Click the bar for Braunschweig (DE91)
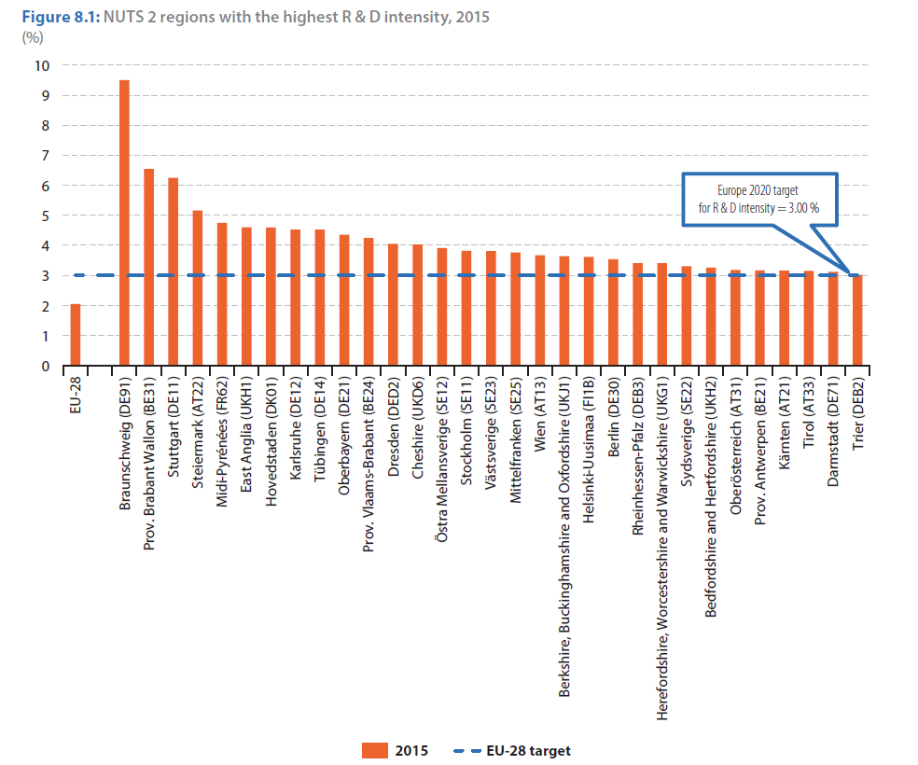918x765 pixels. point(124,223)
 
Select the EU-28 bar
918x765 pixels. point(76,335)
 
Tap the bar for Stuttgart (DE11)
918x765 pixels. point(174,272)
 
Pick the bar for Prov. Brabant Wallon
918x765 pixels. point(148,268)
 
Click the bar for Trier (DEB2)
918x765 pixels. point(857,321)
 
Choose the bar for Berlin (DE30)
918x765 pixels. point(613,313)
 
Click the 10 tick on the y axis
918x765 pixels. point(42,65)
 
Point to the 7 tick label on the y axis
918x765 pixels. point(46,156)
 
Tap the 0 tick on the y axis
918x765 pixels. point(46,367)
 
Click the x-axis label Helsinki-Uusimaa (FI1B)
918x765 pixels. point(589,450)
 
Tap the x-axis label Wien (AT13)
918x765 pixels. point(540,414)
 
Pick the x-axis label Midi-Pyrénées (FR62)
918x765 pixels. point(222,441)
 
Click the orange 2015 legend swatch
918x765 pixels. point(375,750)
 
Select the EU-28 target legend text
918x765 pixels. point(528,751)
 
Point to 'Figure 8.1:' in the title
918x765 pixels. point(61,17)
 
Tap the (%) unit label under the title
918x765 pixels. point(33,37)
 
